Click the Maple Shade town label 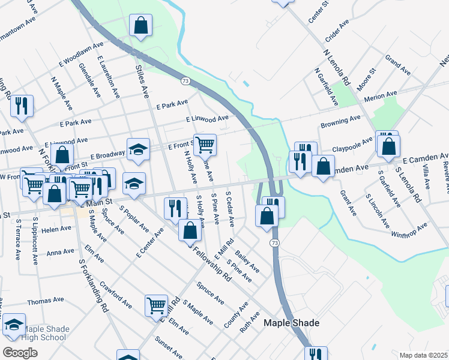291,323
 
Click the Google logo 20,352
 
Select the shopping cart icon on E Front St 205,144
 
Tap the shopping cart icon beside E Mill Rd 156,305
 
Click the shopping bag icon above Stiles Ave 140,25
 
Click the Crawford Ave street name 115,294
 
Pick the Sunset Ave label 169,344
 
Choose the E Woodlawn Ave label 77,55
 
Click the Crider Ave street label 337,31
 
